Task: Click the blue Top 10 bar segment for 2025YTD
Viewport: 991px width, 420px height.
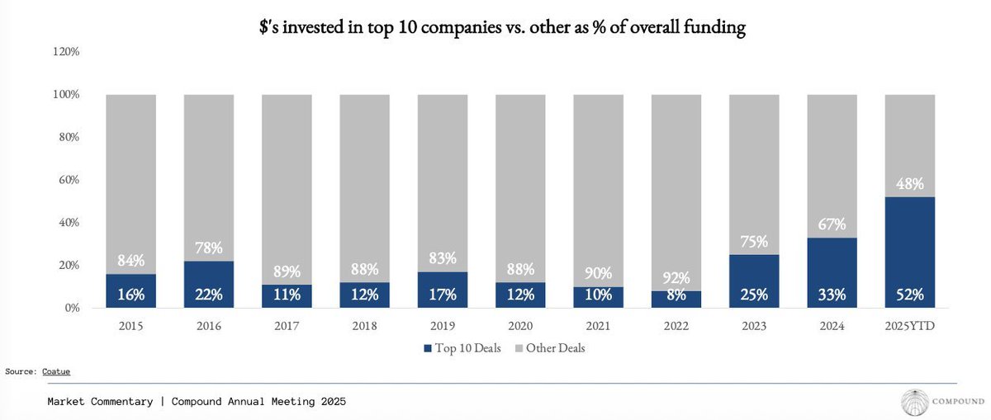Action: [x=909, y=252]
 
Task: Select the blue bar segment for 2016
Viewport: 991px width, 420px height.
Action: [x=209, y=285]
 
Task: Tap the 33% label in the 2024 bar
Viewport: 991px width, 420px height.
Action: [x=832, y=295]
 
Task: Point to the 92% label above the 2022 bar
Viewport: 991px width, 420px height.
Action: [x=676, y=277]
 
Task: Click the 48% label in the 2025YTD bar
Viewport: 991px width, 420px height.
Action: [x=910, y=183]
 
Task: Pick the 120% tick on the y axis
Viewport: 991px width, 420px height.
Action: [x=66, y=52]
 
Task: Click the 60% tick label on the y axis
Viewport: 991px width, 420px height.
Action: [x=69, y=180]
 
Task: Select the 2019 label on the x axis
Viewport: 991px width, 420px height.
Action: [x=443, y=326]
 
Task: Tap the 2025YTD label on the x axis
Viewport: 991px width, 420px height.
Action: [x=909, y=326]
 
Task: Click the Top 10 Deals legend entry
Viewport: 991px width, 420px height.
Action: [x=462, y=348]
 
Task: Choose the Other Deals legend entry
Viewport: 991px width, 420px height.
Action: [x=550, y=348]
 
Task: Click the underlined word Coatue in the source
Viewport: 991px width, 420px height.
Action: [x=56, y=371]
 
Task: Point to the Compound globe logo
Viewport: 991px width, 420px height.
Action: [x=915, y=402]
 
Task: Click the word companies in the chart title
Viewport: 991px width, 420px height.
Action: [x=462, y=27]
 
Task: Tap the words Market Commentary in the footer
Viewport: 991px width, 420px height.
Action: [x=100, y=401]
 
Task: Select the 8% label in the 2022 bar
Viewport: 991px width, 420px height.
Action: [x=676, y=295]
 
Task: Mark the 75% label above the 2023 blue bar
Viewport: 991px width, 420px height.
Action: [x=754, y=242]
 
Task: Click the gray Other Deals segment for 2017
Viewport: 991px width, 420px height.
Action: [x=287, y=189]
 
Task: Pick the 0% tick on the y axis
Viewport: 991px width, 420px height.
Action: [x=72, y=308]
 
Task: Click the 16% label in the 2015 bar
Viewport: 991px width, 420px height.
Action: [x=131, y=295]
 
